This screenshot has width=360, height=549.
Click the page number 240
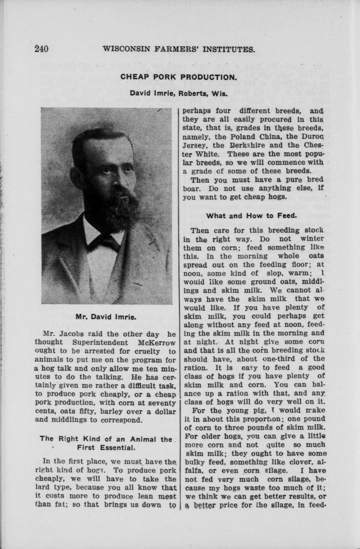click(41, 49)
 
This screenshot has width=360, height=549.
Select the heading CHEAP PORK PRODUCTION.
click(179, 77)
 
